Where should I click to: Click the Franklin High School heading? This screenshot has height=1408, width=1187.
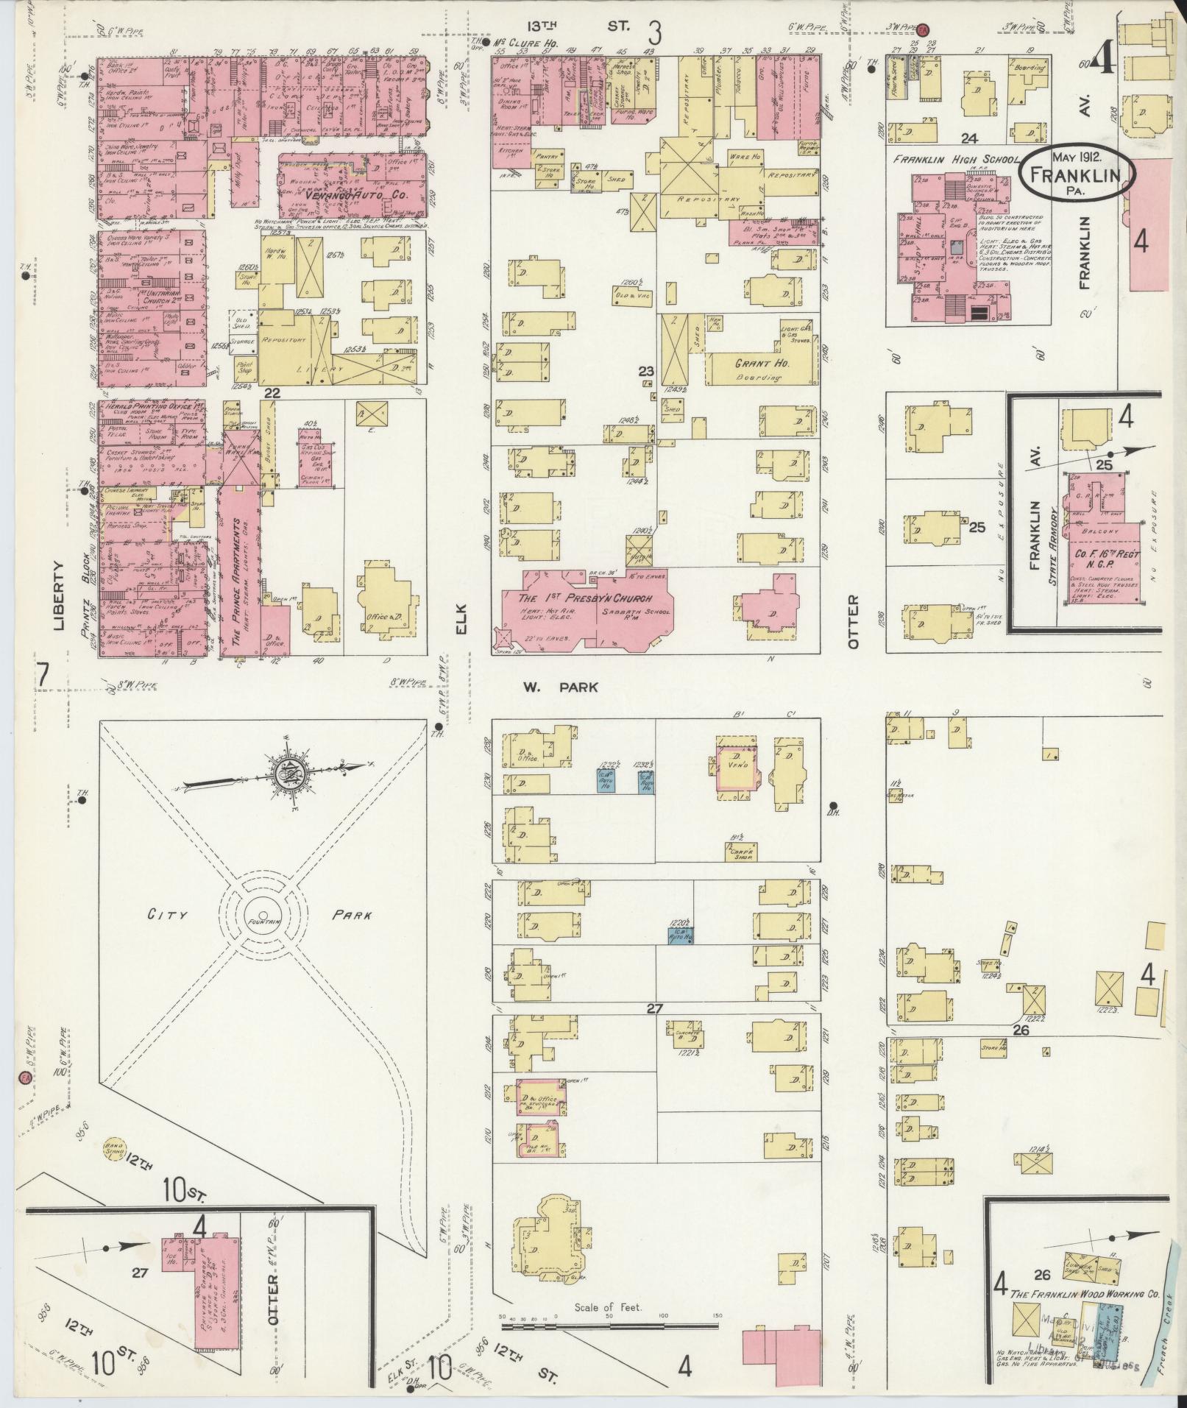pos(955,160)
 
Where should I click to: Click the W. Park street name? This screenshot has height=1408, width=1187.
pos(560,687)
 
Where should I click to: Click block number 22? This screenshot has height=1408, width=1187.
pos(272,394)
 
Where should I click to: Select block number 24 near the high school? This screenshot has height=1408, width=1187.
pos(968,138)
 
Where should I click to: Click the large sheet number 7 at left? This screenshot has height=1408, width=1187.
pos(43,676)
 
